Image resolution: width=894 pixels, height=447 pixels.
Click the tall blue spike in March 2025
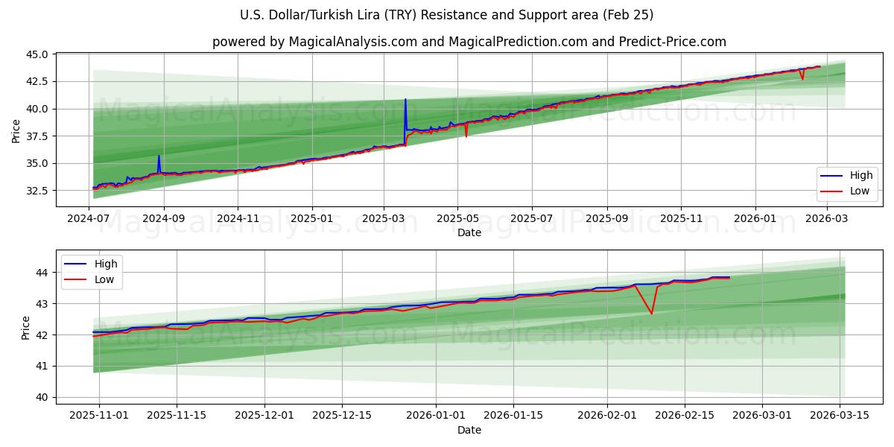[x=405, y=100]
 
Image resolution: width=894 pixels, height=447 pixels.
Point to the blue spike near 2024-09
[x=159, y=156]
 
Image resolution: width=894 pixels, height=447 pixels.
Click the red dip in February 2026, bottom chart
[x=651, y=313]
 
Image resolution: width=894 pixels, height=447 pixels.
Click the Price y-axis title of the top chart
[x=16, y=131]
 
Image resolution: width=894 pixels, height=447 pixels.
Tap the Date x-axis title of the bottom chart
[x=469, y=431]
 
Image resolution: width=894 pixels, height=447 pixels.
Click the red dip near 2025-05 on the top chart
[x=466, y=136]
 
